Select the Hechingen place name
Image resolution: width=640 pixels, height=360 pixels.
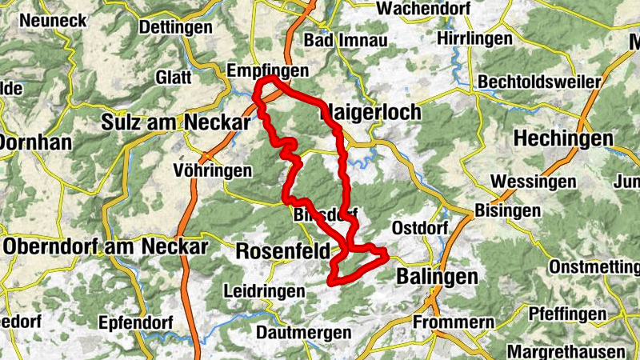(x=563, y=138)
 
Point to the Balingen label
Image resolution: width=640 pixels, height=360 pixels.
(x=437, y=277)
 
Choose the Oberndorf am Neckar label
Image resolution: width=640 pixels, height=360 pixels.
(x=106, y=246)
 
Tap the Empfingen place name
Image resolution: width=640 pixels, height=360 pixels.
(x=267, y=71)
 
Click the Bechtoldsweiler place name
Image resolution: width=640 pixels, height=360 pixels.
(x=540, y=82)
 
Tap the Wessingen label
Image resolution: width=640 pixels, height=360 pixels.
(x=534, y=182)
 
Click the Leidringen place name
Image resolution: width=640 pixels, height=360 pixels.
(x=265, y=291)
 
